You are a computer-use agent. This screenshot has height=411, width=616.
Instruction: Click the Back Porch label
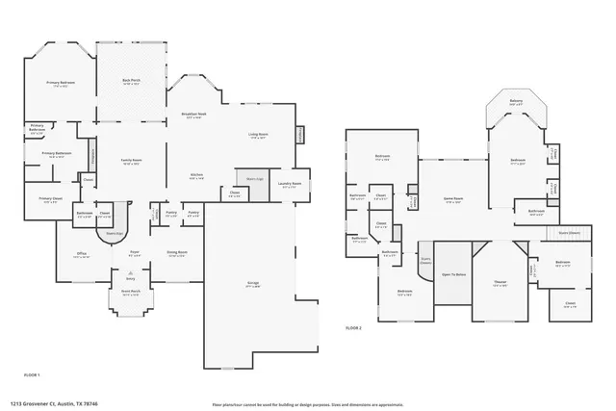tap(132, 82)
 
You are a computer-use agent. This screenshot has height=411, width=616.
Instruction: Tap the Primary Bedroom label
tap(61, 84)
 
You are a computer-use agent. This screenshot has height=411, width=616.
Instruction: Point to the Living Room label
tap(259, 135)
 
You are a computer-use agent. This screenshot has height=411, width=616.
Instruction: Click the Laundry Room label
tap(291, 185)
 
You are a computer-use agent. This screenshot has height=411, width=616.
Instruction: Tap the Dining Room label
tap(177, 254)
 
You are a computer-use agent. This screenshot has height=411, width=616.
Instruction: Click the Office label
tap(82, 254)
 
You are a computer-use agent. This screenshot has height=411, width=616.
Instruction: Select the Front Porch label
tap(130, 294)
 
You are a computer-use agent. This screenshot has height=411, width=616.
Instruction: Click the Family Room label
tap(131, 161)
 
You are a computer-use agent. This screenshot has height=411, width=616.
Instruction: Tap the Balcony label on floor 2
tap(516, 101)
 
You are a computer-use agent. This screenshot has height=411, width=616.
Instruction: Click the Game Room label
tap(451, 199)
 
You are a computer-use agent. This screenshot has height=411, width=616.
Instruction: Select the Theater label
tap(500, 283)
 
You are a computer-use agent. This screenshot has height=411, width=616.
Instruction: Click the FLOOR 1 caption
tap(32, 372)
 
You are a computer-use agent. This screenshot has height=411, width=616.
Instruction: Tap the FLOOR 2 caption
tap(353, 328)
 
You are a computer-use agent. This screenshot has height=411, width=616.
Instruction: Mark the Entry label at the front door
tap(130, 278)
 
